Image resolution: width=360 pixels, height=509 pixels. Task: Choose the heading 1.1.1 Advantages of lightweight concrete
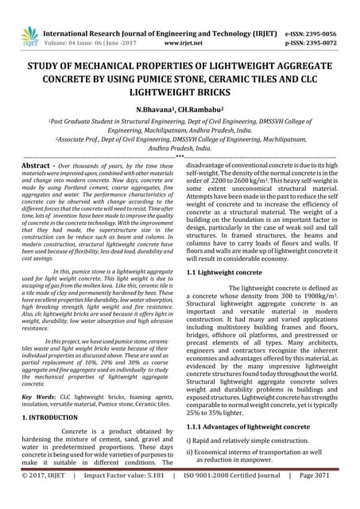[248, 426]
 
